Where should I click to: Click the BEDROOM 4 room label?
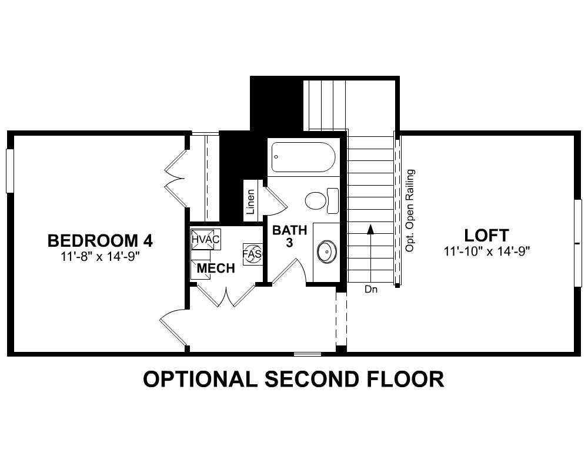(x=100, y=241)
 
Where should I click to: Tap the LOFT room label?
(x=486, y=236)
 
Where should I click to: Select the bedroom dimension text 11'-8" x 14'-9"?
(x=100, y=256)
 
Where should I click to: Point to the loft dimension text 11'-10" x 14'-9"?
(x=486, y=251)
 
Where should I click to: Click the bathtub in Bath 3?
(x=303, y=157)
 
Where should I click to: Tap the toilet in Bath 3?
(x=322, y=201)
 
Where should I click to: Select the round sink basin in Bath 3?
(x=327, y=251)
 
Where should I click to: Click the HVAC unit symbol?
(x=205, y=239)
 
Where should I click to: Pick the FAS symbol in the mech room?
(x=252, y=254)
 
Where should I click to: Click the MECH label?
(x=216, y=268)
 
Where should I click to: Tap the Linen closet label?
(x=250, y=202)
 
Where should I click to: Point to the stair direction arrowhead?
(x=370, y=229)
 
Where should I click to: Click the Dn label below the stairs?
(x=371, y=290)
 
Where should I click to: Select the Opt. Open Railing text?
(x=410, y=211)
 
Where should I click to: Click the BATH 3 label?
(x=289, y=236)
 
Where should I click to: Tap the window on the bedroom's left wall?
(x=10, y=171)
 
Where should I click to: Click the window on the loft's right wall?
(x=578, y=243)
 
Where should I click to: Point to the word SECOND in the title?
(x=312, y=379)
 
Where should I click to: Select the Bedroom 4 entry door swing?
(x=173, y=328)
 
